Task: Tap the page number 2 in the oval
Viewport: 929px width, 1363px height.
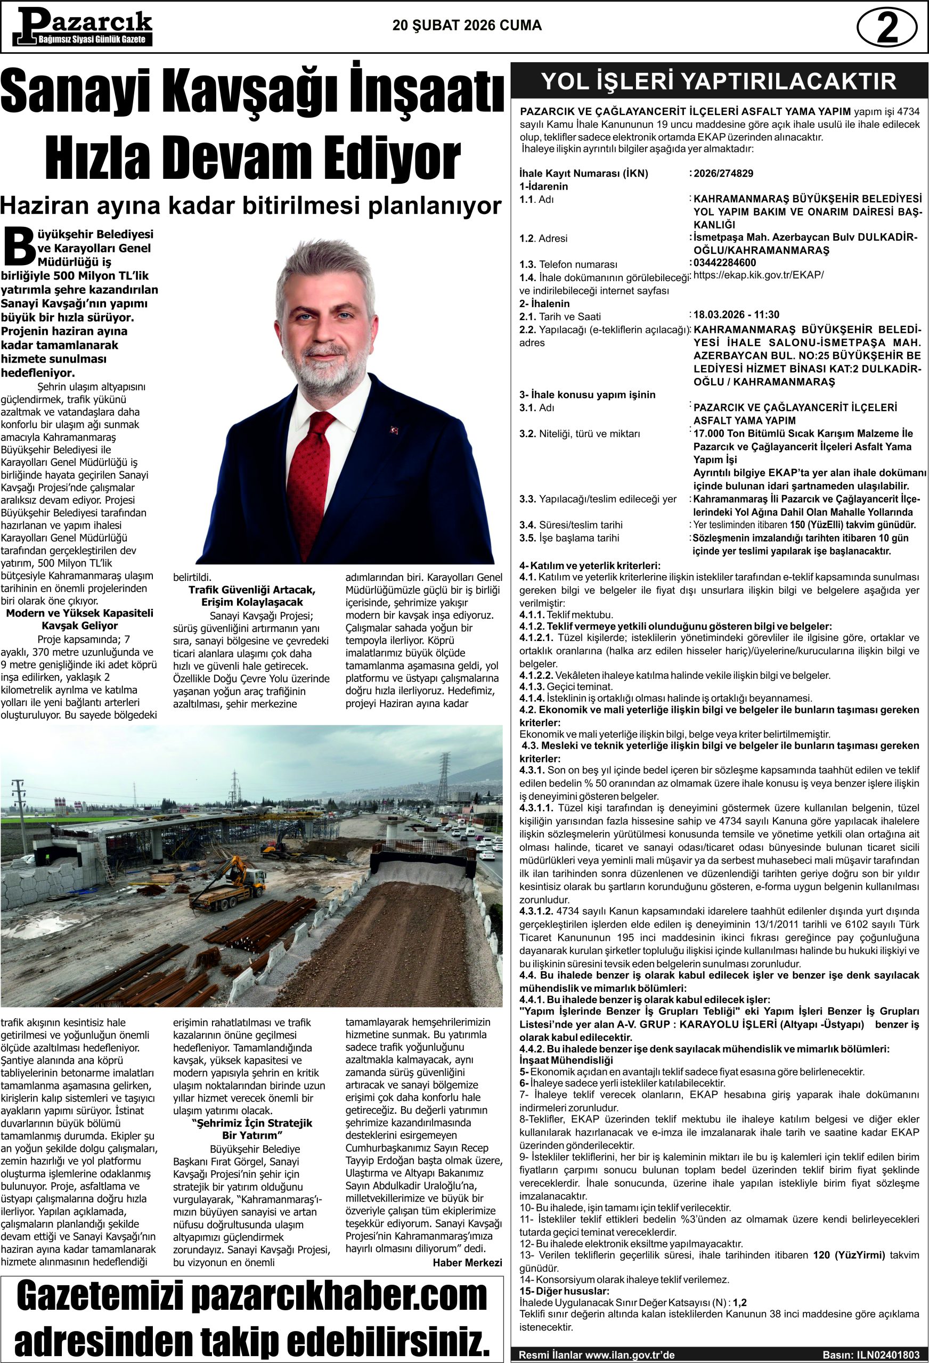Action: click(x=887, y=27)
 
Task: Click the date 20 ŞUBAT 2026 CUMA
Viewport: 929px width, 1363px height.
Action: click(x=467, y=26)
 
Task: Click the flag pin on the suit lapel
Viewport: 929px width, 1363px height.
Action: click(x=394, y=430)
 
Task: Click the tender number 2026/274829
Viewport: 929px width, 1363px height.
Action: click(x=723, y=174)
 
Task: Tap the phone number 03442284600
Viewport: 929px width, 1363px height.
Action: click(x=725, y=262)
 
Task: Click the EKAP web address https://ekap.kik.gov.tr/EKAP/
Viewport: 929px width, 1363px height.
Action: click(x=758, y=275)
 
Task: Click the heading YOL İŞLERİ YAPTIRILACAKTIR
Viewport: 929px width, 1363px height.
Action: click(x=719, y=81)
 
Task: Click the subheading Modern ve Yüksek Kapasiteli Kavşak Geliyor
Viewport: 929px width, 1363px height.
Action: click(x=79, y=619)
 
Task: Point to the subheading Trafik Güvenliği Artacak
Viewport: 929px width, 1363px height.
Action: click(x=252, y=590)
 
